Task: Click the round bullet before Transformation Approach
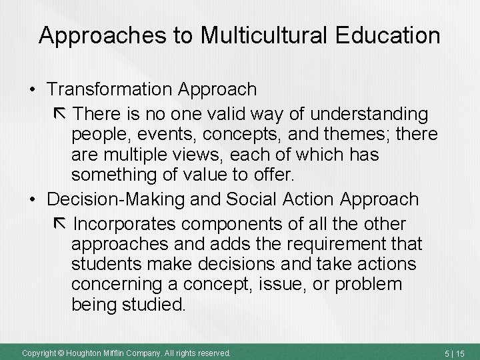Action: click(x=31, y=89)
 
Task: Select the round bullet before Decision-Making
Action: click(x=31, y=199)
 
